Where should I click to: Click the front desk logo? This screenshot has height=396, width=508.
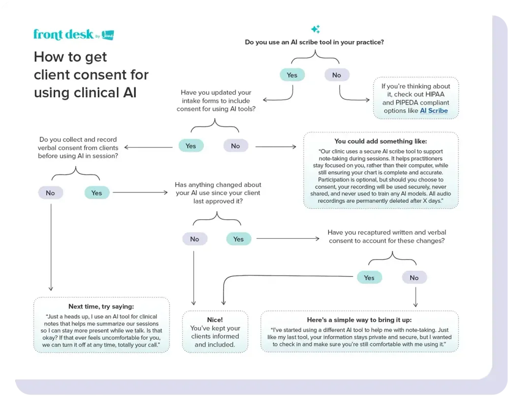coord(73,34)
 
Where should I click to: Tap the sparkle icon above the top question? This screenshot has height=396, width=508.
coord(315,29)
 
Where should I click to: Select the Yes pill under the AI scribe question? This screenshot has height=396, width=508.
coord(292,75)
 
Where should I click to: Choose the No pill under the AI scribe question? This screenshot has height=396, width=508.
coord(336,75)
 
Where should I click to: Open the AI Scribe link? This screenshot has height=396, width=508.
coord(434,111)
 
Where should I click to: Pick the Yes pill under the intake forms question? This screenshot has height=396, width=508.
coord(190,146)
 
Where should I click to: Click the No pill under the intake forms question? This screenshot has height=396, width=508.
coord(235,146)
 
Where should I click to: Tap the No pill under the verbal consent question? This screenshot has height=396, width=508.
coord(50,193)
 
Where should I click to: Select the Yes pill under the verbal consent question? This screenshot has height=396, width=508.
coord(97,193)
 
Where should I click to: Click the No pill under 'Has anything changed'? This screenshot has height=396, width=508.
coord(195,239)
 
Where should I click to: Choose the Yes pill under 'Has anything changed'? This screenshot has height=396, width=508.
coord(238,239)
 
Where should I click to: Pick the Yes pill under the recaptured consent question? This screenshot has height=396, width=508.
coord(369,278)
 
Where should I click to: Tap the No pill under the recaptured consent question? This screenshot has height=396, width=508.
coord(414,278)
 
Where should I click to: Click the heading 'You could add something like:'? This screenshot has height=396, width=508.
coord(380,141)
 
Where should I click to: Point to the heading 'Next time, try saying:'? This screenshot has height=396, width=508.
coord(102,306)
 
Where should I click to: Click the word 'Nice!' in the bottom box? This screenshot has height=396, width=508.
coord(215,320)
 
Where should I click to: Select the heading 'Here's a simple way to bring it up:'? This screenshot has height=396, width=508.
coord(359,320)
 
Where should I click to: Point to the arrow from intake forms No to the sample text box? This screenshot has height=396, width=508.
coord(276,147)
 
